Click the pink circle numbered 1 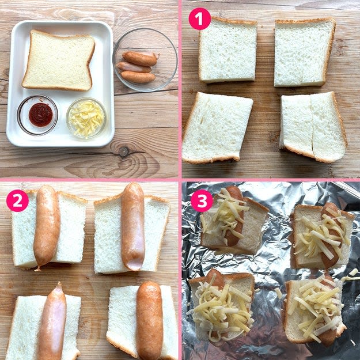[x=199, y=19]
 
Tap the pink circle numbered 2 [x=17, y=200]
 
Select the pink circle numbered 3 [x=202, y=200]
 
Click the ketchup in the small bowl [x=41, y=115]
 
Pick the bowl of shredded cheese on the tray [x=86, y=118]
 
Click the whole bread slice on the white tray [x=58, y=60]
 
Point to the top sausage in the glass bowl [x=141, y=59]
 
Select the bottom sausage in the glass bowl [x=138, y=77]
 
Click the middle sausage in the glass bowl [x=134, y=67]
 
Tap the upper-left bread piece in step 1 [x=228, y=50]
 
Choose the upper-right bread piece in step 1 [x=305, y=52]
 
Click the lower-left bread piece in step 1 [x=217, y=127]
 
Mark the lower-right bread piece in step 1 [x=313, y=127]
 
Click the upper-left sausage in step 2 [x=47, y=228]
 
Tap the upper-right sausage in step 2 [x=133, y=226]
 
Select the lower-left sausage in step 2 [x=52, y=321]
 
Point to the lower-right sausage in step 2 [x=150, y=320]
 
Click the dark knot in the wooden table [x=123, y=151]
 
